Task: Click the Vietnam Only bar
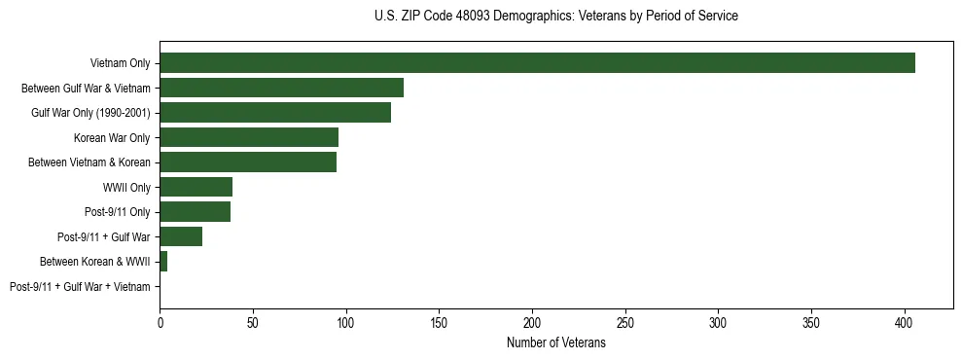(x=537, y=63)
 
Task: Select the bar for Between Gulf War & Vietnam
(x=281, y=88)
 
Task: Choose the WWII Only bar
(x=196, y=187)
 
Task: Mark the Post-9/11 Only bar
(x=195, y=212)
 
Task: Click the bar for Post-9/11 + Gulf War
(x=181, y=236)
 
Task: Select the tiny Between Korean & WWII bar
(x=163, y=262)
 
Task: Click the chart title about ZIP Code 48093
(x=555, y=17)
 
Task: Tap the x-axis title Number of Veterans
(x=555, y=343)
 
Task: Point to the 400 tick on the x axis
(x=905, y=320)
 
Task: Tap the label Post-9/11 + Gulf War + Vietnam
(x=80, y=287)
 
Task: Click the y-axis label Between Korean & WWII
(x=95, y=262)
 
